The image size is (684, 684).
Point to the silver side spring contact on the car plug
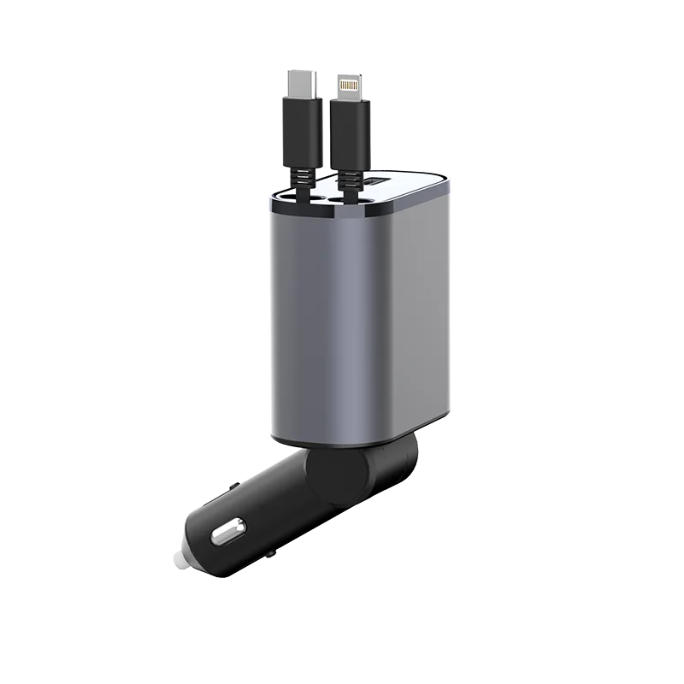(224, 535)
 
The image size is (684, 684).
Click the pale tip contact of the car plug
(180, 557)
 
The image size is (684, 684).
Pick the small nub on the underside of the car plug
(270, 554)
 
